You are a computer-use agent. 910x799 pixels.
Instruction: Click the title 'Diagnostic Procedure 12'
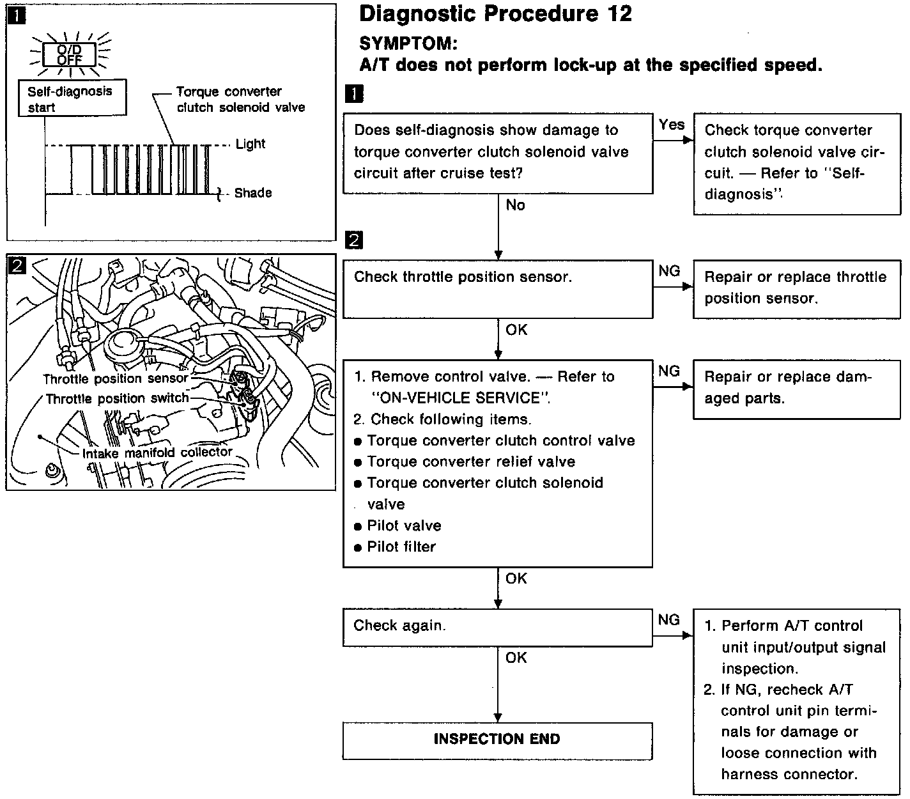click(495, 14)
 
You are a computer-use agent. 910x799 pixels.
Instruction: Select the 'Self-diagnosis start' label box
click(72, 98)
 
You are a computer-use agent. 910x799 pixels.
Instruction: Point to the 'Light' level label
click(250, 144)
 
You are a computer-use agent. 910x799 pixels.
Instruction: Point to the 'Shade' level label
click(252, 192)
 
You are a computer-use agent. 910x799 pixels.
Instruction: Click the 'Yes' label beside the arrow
click(671, 125)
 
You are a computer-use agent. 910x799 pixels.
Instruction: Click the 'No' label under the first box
click(515, 205)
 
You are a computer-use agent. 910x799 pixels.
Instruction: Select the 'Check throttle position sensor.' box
click(497, 289)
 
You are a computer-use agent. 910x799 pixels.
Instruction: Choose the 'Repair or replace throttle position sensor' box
click(796, 289)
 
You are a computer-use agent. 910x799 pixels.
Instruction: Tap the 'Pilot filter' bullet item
click(401, 547)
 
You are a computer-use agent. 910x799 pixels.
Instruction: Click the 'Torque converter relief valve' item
click(471, 462)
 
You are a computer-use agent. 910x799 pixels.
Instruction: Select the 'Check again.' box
click(497, 626)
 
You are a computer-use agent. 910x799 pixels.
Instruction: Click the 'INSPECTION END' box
click(497, 740)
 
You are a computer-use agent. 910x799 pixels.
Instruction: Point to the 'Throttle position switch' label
click(117, 399)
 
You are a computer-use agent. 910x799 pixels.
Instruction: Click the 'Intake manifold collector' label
click(157, 453)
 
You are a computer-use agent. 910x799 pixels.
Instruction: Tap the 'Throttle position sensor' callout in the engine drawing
click(116, 378)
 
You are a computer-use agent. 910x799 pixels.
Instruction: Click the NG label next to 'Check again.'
click(668, 619)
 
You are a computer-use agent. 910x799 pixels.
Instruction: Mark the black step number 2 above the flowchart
click(353, 241)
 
